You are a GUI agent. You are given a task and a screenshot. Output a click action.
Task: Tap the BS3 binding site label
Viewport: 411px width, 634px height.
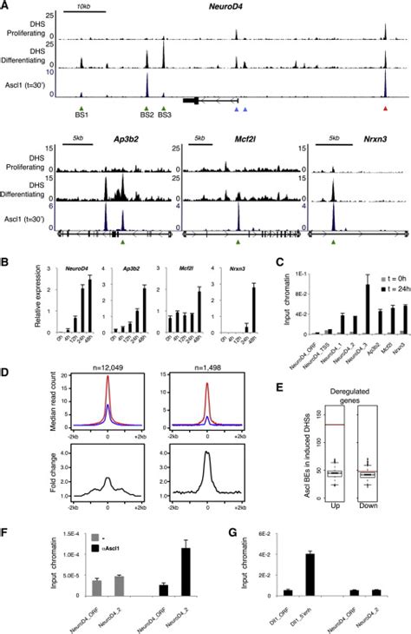(164, 114)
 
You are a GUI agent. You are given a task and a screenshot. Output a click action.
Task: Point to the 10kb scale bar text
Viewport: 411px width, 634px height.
(84, 7)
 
